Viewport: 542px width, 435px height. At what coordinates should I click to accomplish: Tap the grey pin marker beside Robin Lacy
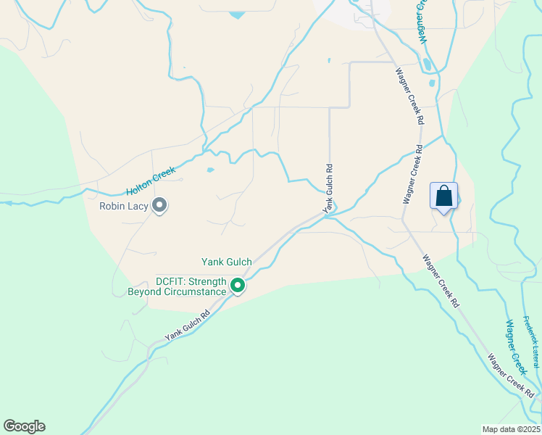[x=160, y=207]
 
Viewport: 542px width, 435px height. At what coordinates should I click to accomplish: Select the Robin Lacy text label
[x=124, y=207]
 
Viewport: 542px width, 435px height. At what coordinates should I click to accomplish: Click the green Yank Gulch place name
[x=227, y=262]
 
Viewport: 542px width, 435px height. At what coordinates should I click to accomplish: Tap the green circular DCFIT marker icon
[x=237, y=287]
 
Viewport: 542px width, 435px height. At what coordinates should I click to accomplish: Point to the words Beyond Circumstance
[x=177, y=292]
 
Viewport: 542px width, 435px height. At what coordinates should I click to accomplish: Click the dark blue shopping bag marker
[x=444, y=196]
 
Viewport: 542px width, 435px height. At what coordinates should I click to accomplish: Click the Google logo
[x=24, y=426]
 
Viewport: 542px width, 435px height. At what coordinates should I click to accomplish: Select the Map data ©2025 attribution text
[x=511, y=429]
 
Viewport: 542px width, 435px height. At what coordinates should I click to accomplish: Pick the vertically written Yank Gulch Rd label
[x=329, y=187]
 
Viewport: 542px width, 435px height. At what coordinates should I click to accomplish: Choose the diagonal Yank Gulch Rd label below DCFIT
[x=187, y=326]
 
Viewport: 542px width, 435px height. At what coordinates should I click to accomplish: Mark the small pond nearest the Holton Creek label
[x=210, y=170]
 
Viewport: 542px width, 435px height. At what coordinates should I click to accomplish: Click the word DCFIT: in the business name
[x=172, y=281]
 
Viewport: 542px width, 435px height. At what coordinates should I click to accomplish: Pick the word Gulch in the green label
[x=238, y=262]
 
